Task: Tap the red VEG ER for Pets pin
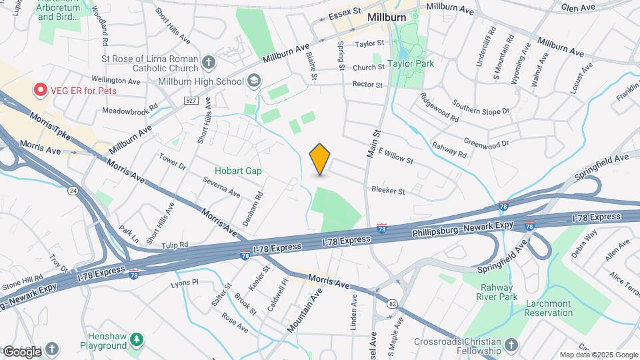coord(40,89)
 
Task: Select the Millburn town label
coord(387,17)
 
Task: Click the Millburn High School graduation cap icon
coord(253,81)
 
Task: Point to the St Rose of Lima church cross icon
coord(209,63)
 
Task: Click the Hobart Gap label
coord(238,171)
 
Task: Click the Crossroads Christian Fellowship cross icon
coord(511,345)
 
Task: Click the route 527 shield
coord(191,100)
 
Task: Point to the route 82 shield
coord(392,304)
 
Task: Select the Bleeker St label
coord(388,191)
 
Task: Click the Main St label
coord(373,143)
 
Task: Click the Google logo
coord(21,351)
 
